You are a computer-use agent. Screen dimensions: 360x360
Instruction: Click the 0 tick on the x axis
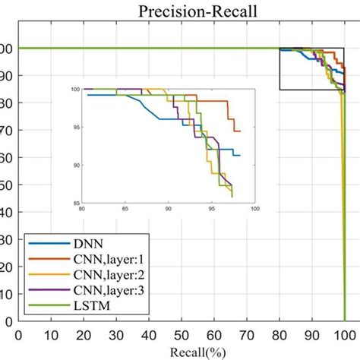(x=19, y=334)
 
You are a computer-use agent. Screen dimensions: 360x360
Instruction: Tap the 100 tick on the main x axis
(x=343, y=334)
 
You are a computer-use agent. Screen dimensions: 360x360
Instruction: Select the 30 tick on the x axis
(x=116, y=334)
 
